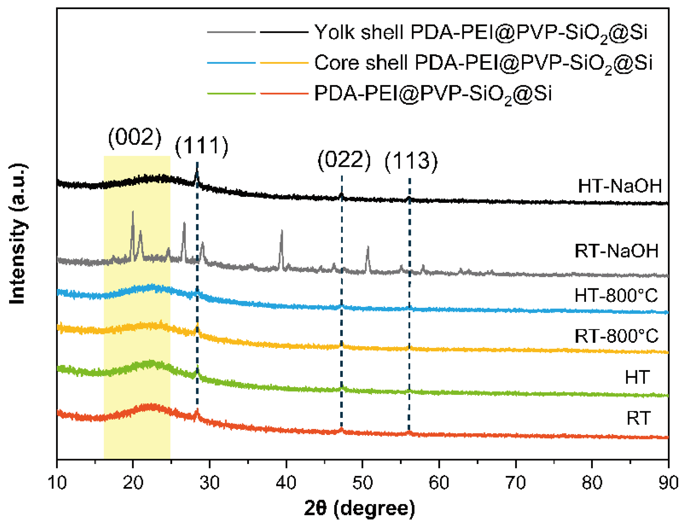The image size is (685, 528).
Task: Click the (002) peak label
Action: click(x=135, y=138)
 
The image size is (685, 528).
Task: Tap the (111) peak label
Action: click(x=202, y=146)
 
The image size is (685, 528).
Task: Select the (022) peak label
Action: click(x=344, y=160)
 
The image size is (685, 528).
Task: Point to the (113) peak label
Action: click(x=411, y=161)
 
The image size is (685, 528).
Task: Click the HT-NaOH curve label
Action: click(x=619, y=186)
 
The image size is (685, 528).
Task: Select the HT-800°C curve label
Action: click(x=616, y=296)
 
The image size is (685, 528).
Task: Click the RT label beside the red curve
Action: click(x=638, y=419)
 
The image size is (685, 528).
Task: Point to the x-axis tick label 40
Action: click(x=286, y=483)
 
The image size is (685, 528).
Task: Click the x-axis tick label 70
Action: click(x=516, y=483)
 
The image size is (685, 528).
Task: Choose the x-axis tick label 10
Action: click(x=57, y=483)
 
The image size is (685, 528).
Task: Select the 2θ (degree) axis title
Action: click(x=360, y=509)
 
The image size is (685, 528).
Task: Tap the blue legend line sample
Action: click(x=231, y=63)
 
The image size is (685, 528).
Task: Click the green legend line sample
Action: click(x=231, y=93)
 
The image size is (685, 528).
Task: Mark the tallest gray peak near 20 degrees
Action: click(x=133, y=212)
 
